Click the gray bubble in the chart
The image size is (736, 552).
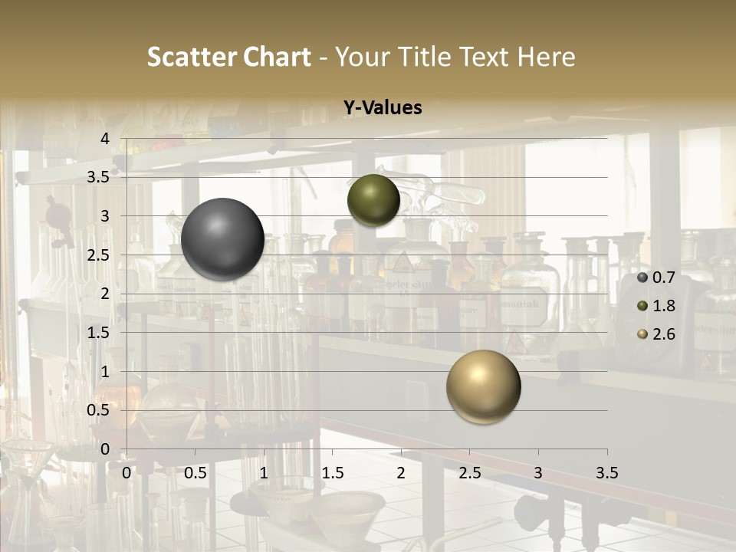[222, 239]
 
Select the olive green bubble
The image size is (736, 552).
[373, 200]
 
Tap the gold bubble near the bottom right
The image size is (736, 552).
[483, 386]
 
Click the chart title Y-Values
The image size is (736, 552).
[383, 108]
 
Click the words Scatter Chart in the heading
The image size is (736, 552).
[228, 57]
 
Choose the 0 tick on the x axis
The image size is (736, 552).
[127, 473]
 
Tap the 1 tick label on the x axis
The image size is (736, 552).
[264, 473]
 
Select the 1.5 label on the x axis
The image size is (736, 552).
[332, 473]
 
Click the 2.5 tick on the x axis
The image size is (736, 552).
[469, 473]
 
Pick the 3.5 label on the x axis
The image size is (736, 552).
[606, 473]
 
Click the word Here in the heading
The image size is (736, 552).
[547, 57]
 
